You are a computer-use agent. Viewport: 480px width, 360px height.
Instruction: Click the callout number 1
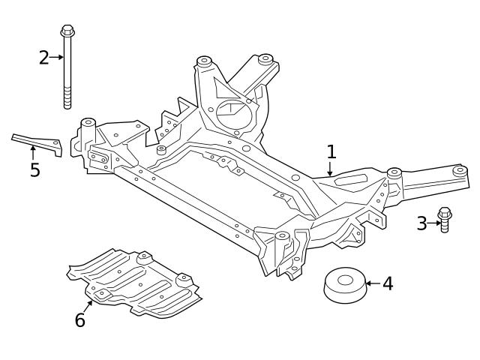coord(331,152)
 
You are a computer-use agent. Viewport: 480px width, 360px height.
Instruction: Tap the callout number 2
coord(44,57)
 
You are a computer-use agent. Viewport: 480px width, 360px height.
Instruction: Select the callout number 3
coord(421,223)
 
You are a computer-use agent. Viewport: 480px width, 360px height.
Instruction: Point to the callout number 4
coord(387,284)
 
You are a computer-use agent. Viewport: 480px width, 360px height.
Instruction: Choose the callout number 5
coord(34,169)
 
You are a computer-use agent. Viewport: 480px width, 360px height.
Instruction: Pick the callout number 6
coord(80,320)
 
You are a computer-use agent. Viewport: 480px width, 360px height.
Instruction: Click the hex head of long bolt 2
coord(66,31)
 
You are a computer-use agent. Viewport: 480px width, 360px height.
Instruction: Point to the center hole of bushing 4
coord(344,280)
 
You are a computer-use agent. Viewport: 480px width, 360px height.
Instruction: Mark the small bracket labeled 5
coord(37,142)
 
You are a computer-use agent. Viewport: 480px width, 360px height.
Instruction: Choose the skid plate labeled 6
coord(135,281)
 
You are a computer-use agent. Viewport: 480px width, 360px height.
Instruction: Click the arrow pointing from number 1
coord(331,170)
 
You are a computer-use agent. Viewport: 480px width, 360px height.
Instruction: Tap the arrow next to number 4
coord(372,284)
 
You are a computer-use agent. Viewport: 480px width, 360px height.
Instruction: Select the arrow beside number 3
coord(433,223)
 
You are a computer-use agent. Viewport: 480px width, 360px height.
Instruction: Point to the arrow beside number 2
coord(57,57)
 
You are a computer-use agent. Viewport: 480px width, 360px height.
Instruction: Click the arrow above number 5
coord(33,152)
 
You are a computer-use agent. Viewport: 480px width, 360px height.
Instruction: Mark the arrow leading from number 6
coord(89,304)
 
